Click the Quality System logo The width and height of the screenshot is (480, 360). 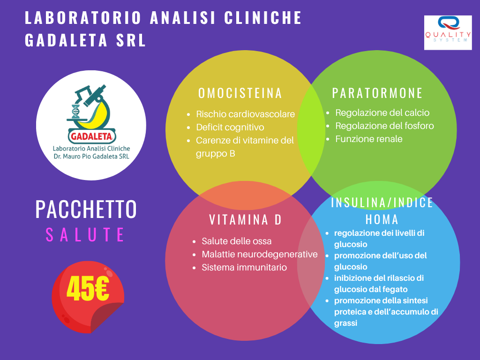(448, 32)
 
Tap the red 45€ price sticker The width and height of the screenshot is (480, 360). (88, 297)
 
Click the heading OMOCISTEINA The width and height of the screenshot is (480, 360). (240, 93)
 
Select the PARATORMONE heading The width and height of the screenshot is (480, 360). (377, 93)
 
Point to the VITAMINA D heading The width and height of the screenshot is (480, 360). (245, 220)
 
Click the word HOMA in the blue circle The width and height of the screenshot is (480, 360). (382, 219)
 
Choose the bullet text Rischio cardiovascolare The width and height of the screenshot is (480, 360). (245, 114)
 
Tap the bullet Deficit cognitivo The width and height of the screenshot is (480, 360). (230, 127)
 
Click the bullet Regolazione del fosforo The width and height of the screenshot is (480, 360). (384, 126)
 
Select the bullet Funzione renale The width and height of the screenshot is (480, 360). (368, 139)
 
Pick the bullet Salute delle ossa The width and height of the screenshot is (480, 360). (236, 241)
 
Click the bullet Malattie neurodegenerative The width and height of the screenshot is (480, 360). (260, 255)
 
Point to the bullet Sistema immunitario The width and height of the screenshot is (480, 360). (244, 268)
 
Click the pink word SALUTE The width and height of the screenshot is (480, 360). (85, 235)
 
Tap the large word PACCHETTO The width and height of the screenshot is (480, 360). (86, 209)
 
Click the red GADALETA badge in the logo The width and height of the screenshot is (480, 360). (91, 136)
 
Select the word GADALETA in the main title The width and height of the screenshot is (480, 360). (66, 40)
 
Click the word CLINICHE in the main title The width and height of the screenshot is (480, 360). (263, 18)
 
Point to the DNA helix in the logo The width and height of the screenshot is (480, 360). (75, 112)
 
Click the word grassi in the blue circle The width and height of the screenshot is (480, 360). (345, 323)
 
